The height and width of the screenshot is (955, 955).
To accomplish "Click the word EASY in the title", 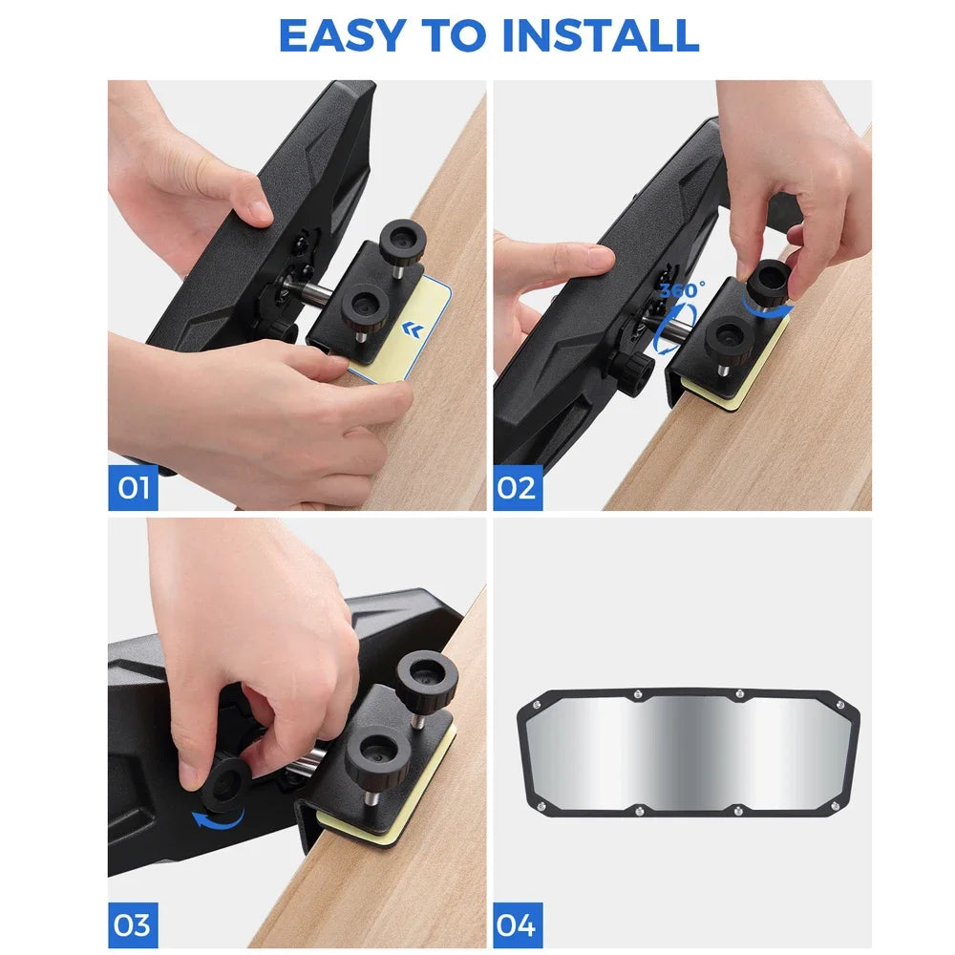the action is [343, 35].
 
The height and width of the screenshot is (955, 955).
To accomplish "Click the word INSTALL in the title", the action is [601, 35].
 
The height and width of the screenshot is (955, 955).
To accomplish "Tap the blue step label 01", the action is [133, 488].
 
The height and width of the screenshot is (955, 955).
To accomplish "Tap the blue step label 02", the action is [517, 488].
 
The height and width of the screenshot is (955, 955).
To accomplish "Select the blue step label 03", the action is [133, 925].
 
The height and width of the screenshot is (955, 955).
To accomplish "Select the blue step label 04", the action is [517, 925].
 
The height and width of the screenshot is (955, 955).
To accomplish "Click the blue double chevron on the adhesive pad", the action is [414, 330].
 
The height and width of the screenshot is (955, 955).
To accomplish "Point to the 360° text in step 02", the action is [682, 289].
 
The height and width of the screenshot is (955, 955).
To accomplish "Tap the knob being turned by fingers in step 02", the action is [768, 282].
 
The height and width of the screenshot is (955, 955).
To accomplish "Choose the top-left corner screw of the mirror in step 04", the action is [537, 705].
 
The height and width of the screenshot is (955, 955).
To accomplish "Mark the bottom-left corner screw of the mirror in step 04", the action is [540, 807].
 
